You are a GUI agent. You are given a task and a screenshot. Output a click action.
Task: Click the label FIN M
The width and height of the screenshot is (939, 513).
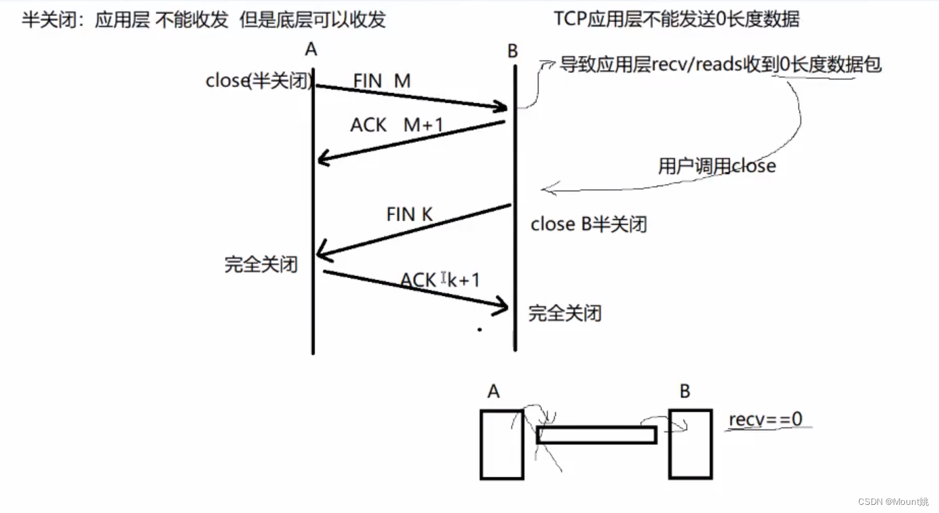click(381, 81)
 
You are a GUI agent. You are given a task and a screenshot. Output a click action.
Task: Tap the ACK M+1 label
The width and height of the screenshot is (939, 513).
click(396, 125)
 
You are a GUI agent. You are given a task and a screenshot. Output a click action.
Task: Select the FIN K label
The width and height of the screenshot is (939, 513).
click(409, 214)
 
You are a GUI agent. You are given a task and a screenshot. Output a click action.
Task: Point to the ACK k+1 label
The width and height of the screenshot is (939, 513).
click(440, 279)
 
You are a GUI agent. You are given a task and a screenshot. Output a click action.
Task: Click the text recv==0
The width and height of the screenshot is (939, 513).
click(765, 419)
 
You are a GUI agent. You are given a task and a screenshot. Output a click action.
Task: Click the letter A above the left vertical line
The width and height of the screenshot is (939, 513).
click(311, 49)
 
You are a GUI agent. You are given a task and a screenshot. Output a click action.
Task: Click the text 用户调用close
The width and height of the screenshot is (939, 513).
click(716, 165)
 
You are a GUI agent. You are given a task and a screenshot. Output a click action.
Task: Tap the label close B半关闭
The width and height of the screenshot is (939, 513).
click(588, 224)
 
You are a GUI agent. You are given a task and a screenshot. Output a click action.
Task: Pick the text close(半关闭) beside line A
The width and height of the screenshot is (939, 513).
click(259, 81)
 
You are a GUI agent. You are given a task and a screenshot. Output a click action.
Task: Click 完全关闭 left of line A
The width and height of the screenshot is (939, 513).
click(261, 264)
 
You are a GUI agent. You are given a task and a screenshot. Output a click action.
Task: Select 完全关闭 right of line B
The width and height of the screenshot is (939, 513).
click(564, 313)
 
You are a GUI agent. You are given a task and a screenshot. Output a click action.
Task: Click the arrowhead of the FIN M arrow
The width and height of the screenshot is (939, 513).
click(503, 107)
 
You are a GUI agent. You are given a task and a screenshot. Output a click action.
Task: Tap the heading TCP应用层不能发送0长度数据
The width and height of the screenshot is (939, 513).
click(676, 18)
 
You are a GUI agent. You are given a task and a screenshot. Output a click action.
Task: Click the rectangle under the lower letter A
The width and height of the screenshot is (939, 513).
click(501, 445)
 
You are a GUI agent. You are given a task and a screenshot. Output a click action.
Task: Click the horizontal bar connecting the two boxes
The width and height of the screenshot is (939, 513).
click(596, 435)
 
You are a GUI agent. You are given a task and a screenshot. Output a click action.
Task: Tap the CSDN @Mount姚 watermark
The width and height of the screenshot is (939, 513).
click(893, 501)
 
